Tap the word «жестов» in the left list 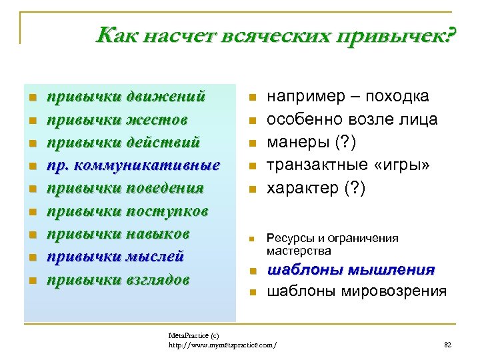pos(159,119)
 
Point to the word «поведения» pos(165,188)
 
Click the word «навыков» pos(161,234)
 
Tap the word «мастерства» pos(299,251)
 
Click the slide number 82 pos(447,345)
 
